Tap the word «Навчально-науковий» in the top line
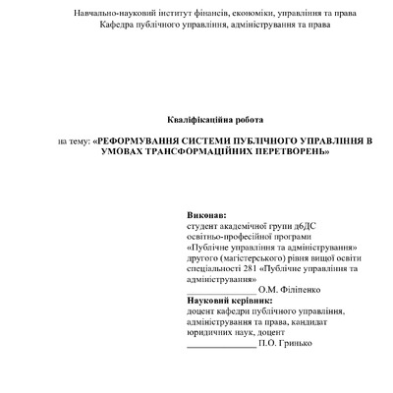point(117,12)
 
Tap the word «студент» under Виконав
point(202,224)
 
